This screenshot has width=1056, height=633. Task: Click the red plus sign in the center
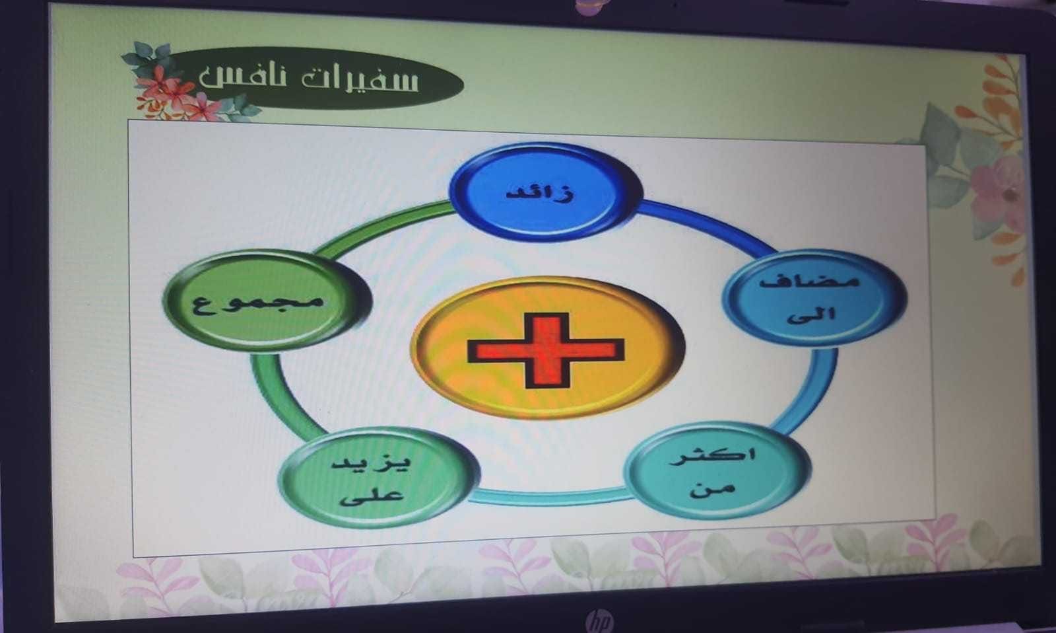(546, 351)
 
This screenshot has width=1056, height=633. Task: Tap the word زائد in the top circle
(541, 194)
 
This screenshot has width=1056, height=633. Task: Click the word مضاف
(809, 281)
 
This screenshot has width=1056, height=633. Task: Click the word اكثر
(712, 457)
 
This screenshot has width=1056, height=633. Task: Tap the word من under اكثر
(712, 488)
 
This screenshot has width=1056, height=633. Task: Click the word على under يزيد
(372, 496)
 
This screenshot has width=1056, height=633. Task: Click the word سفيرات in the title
(360, 79)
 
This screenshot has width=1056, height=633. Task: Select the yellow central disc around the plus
(547, 348)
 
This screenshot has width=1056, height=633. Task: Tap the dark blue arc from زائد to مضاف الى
(707, 222)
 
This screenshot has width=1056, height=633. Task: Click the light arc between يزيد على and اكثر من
(552, 498)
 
